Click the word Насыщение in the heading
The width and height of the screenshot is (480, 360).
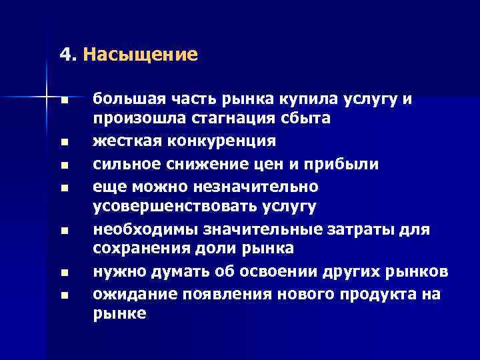(x=141, y=54)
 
